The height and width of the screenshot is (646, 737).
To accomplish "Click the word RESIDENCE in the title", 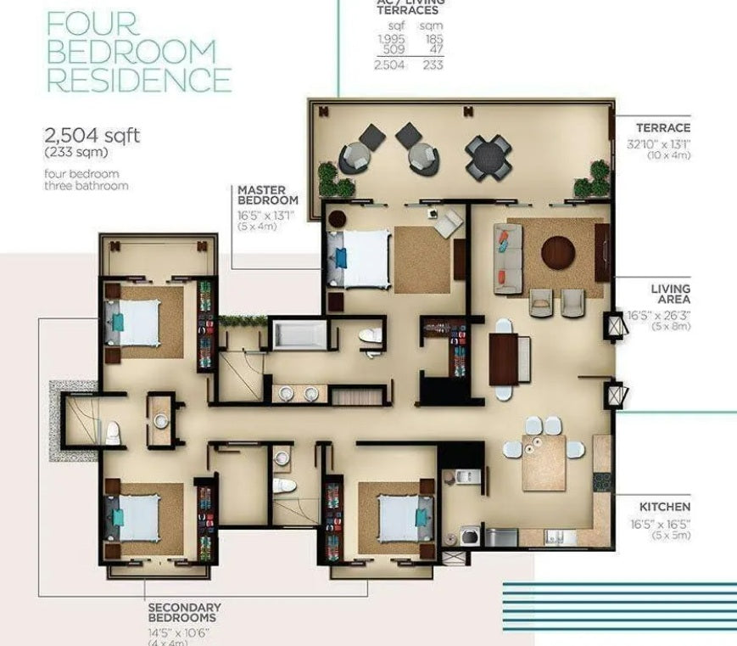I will click(x=138, y=80).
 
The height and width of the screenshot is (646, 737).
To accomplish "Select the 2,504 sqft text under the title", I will click(x=92, y=135).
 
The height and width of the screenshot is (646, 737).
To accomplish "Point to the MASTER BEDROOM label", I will click(x=268, y=195).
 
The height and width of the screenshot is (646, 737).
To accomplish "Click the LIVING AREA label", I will click(x=670, y=295).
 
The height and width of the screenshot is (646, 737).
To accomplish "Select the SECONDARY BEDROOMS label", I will click(x=185, y=613).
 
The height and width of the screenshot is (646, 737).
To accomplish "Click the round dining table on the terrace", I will click(x=489, y=158).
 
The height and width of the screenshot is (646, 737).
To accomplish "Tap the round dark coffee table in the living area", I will click(x=558, y=252).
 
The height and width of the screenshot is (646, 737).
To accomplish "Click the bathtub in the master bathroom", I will click(x=299, y=334).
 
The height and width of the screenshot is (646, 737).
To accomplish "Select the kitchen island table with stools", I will click(x=544, y=462).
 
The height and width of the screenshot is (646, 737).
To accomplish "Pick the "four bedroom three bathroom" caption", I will click(x=87, y=179).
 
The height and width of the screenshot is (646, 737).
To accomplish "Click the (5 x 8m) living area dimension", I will click(x=670, y=326).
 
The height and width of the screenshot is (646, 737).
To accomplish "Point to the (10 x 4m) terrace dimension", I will click(x=669, y=155).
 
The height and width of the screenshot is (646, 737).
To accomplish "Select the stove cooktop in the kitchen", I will click(x=602, y=482).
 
